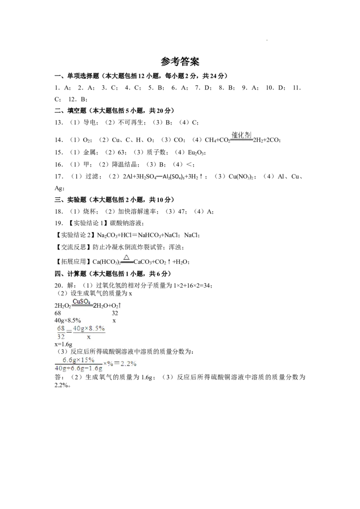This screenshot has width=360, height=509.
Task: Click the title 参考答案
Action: pos(180,61)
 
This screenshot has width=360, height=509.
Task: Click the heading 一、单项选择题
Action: pos(76,76)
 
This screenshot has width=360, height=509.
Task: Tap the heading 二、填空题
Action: pos(70,111)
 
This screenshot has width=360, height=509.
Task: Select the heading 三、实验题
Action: pos(70,200)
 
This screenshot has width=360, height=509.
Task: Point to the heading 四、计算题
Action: pos(70,274)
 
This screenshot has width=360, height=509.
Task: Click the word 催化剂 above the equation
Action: pos(241,134)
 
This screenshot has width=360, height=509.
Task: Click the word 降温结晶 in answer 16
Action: pos(125,164)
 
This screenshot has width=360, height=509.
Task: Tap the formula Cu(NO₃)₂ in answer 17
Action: pos(241,177)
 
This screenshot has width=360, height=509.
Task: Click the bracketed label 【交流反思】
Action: pos(73,247)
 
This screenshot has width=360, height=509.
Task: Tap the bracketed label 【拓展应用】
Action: pos(73,262)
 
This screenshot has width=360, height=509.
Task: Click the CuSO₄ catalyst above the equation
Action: pos(81,301)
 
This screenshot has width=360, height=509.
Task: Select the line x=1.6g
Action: pos(63,344)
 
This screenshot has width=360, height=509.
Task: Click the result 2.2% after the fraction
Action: pos(128,364)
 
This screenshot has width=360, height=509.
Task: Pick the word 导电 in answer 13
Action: pos(90,122)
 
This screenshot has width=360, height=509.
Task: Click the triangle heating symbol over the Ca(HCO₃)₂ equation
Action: pos(127,258)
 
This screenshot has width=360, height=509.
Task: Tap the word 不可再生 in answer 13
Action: pos(130,122)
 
